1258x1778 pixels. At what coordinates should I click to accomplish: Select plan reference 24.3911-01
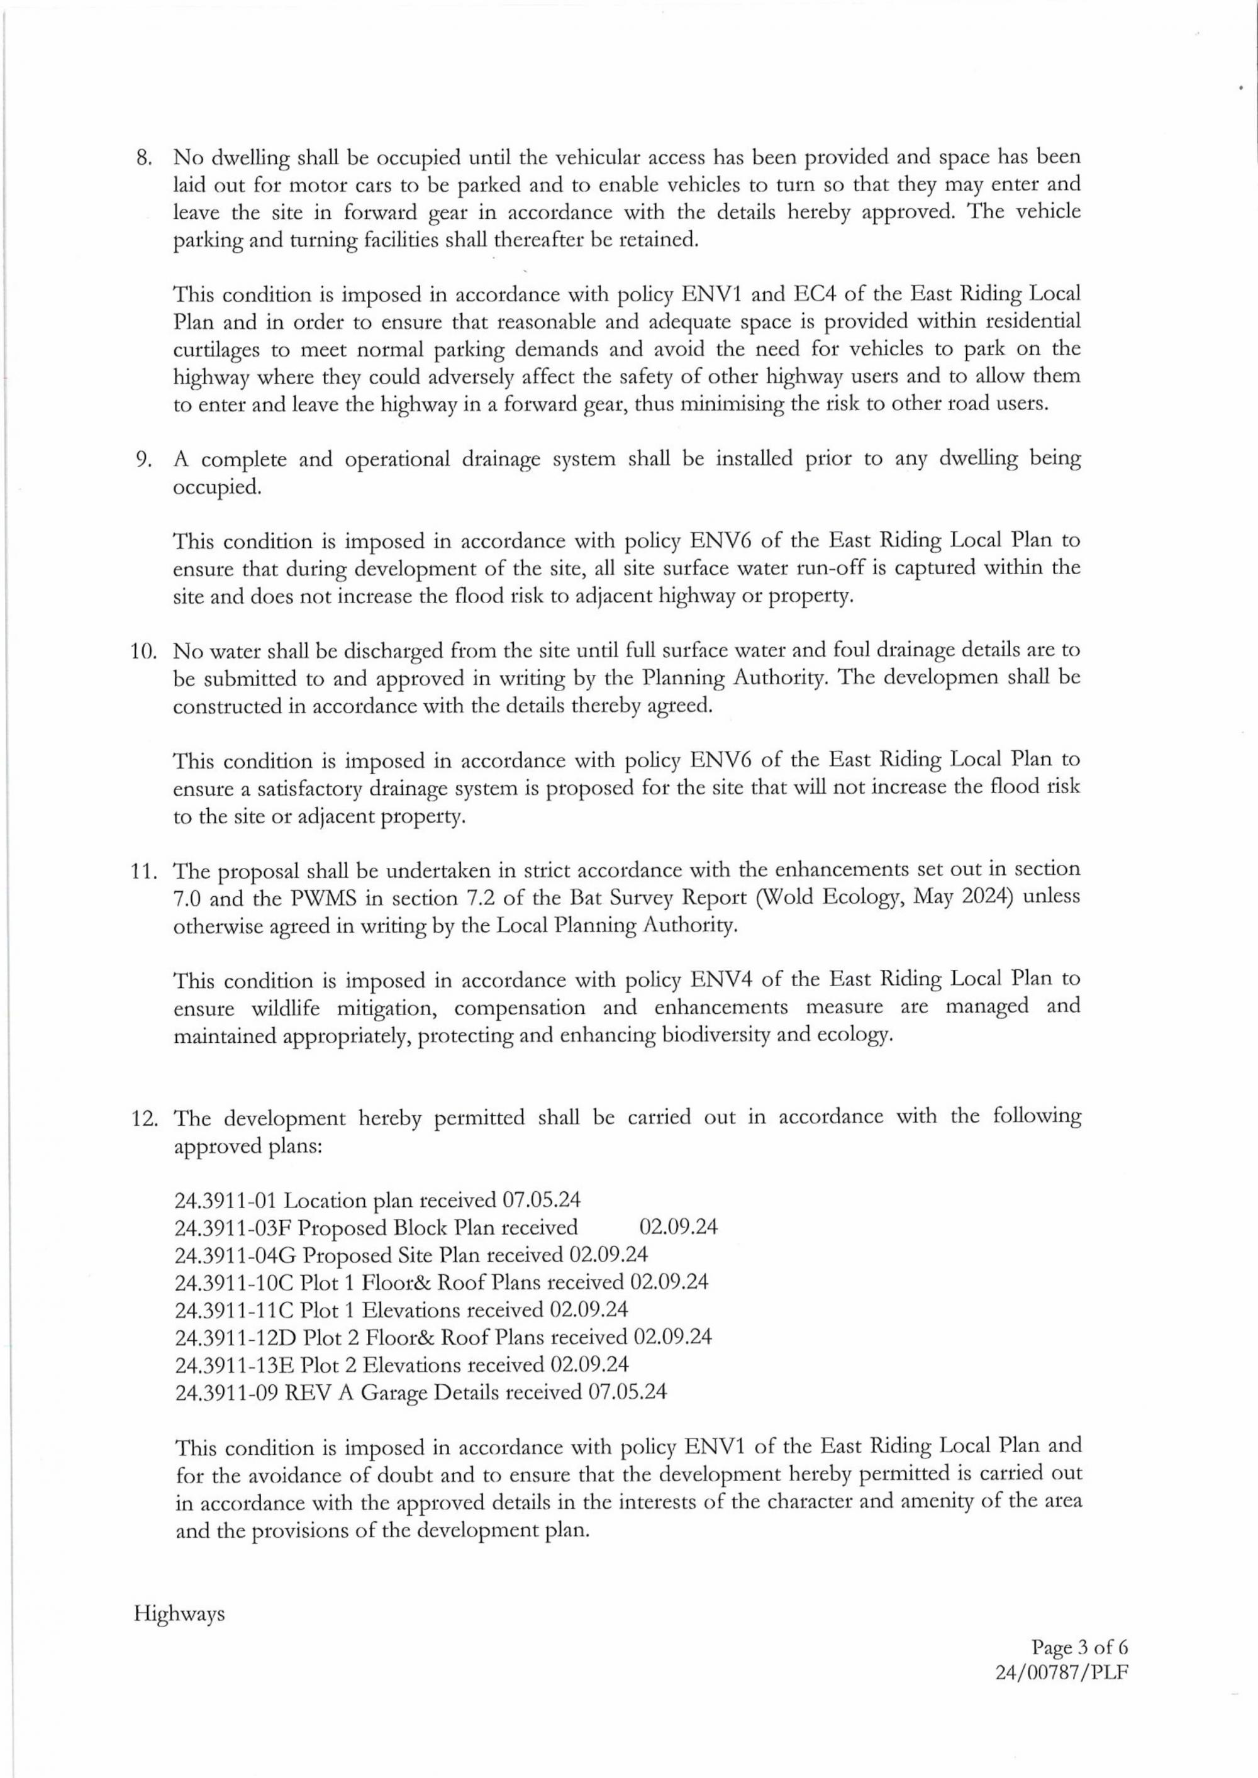225,1201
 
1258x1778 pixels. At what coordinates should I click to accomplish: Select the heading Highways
180,1614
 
